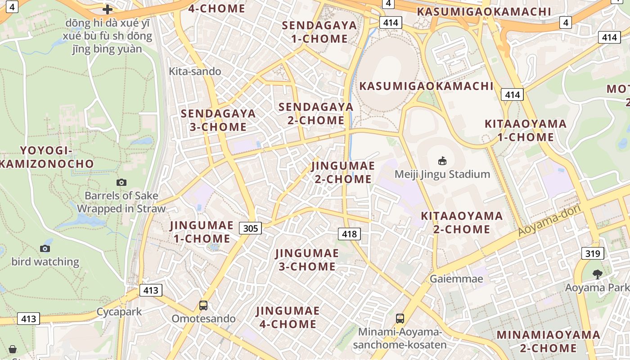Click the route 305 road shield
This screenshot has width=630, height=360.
(x=250, y=228)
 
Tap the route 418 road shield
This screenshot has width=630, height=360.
(x=349, y=234)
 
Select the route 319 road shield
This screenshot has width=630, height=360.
(x=592, y=253)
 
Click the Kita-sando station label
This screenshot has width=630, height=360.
(x=195, y=71)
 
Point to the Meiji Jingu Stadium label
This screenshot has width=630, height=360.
(x=442, y=174)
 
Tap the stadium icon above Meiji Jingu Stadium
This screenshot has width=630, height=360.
(x=442, y=161)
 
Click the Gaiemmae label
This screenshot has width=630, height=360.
(x=456, y=279)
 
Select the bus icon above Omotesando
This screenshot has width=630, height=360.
(x=203, y=306)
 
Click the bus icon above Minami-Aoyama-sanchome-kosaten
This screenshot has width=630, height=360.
(x=400, y=319)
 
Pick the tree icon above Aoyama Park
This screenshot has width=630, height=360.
(x=597, y=274)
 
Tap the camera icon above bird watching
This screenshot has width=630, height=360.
(x=45, y=248)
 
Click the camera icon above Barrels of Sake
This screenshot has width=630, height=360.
(x=121, y=182)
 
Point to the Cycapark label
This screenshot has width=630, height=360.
(x=119, y=311)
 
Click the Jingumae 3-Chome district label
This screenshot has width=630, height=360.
(x=307, y=260)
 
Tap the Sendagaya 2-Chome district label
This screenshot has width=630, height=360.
(x=316, y=113)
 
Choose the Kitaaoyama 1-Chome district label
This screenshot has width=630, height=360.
(x=525, y=130)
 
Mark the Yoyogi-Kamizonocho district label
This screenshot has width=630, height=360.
(x=46, y=157)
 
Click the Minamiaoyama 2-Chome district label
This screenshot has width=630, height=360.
(x=548, y=341)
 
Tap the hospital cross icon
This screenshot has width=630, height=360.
(x=108, y=9)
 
